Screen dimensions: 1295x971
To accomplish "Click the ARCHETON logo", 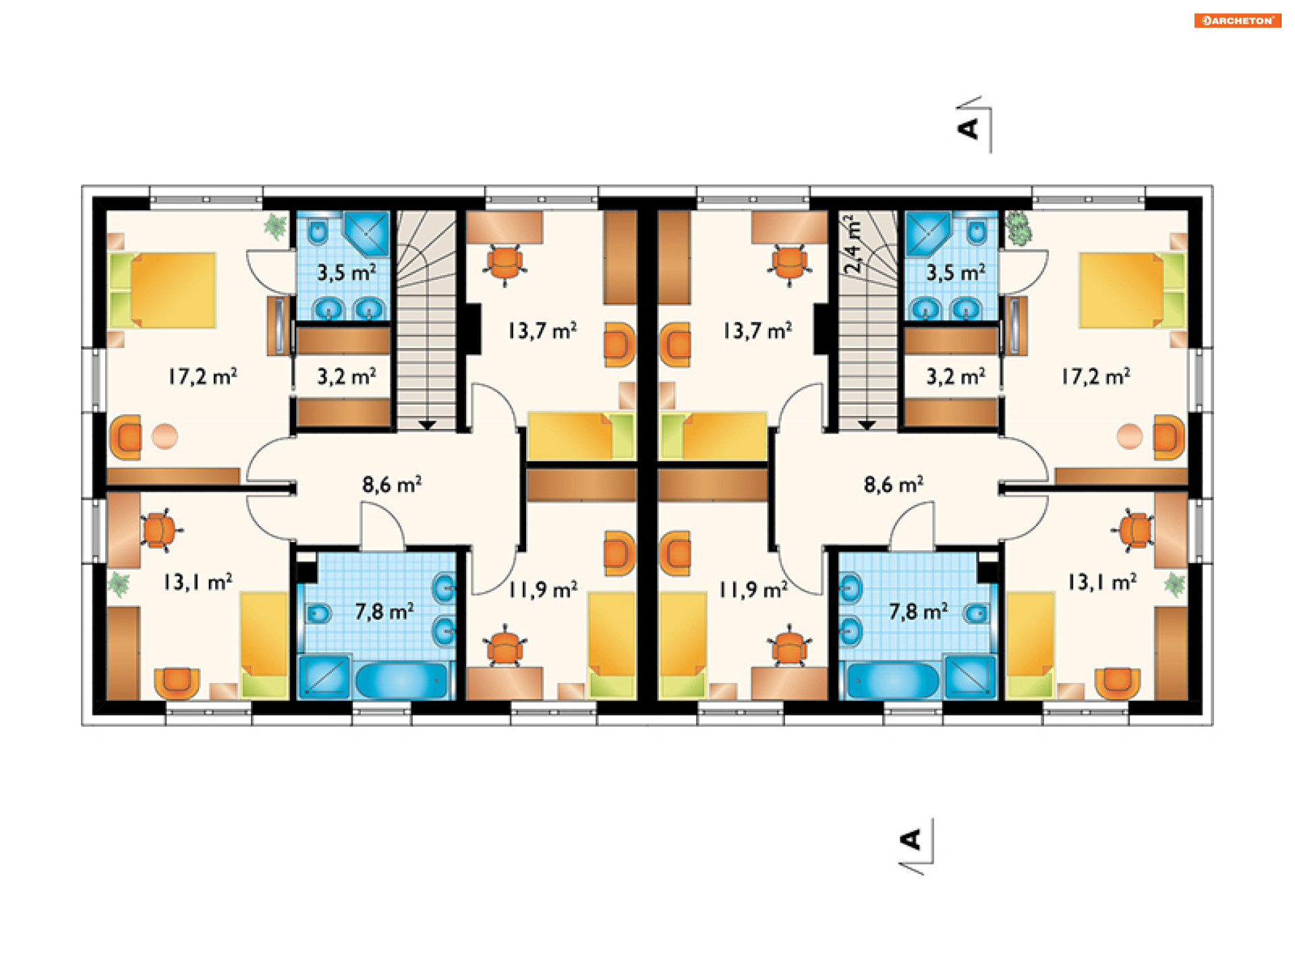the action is point(1237,20).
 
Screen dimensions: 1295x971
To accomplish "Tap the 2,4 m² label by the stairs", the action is point(853,244).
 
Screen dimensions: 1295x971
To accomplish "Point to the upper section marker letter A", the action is point(968,128).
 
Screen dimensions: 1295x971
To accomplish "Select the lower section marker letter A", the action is point(911,840).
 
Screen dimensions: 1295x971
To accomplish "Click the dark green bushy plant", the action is point(1018,228).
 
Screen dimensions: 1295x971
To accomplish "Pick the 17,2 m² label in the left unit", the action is point(202,376).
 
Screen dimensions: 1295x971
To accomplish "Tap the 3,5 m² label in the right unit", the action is point(956,272).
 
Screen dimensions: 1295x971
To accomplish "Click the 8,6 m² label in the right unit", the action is point(894,484).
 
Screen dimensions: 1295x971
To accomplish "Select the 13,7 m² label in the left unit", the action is point(542,330).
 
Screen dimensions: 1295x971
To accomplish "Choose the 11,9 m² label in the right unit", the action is point(753,590).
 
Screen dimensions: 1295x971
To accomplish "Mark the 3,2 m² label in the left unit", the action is point(347,376).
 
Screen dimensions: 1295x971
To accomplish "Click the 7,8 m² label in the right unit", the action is point(918,612).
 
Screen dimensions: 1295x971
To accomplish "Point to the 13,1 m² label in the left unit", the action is point(198,582).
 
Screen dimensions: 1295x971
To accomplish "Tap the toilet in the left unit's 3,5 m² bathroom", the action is point(318,231).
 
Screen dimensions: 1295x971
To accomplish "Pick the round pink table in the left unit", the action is point(165,436).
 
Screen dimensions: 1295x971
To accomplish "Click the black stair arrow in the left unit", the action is point(427,425).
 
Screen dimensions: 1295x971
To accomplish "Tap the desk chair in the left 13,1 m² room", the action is point(161,530).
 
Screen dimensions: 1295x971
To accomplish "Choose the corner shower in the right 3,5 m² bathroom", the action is point(928,234).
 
